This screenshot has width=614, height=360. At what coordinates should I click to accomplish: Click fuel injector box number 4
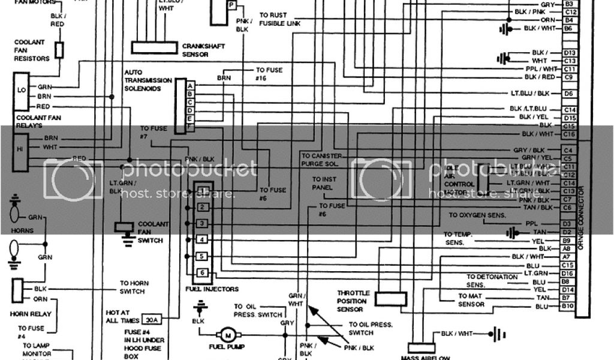coord(203,240)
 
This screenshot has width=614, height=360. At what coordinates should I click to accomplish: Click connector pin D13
coord(570,53)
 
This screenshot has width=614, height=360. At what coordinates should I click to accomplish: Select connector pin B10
coord(568,307)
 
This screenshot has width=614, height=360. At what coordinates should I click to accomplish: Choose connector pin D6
coord(570,94)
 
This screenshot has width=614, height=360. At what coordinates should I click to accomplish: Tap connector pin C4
coord(570,149)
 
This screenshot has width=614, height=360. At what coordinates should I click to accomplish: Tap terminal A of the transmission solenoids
coord(190,86)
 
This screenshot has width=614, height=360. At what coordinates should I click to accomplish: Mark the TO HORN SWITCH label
coord(131,287)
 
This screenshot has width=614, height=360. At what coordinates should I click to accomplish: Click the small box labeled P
coord(231,5)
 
